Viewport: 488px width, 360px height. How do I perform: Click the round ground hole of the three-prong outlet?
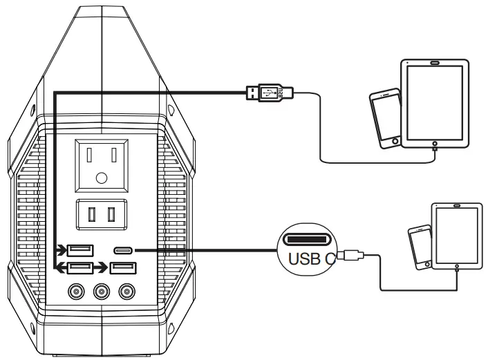tap(102, 177)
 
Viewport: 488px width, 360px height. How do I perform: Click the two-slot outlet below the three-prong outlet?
tap(102, 214)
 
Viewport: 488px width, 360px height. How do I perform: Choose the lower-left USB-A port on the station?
tap(79, 269)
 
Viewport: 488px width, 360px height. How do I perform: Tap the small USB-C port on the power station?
tap(124, 251)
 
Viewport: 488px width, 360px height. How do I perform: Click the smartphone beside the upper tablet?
tap(385, 118)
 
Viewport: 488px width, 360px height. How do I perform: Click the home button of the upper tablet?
tap(435, 145)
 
